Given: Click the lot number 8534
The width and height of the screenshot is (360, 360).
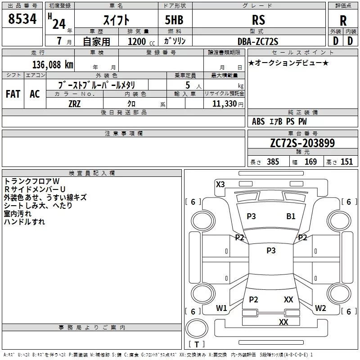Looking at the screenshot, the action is [x=22, y=19].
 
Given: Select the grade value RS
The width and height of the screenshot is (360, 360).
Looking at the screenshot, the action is [x=259, y=20].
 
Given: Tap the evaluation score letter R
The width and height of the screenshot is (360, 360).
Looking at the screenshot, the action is [x=343, y=20].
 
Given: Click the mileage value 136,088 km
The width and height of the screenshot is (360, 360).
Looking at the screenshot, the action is [x=53, y=64].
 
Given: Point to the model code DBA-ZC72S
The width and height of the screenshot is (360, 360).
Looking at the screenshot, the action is [x=258, y=41].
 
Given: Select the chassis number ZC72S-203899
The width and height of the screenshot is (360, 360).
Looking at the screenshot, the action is [x=302, y=143].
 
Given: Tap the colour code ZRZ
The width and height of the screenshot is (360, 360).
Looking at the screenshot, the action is [x=75, y=103].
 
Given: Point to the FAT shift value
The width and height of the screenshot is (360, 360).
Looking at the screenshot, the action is [x=13, y=94].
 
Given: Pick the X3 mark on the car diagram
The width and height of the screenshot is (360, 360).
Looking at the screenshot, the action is [x=220, y=184].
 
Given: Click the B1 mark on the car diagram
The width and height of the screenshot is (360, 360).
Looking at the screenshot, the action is [x=291, y=216].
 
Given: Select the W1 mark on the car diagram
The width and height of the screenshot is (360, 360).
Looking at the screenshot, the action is [x=221, y=308].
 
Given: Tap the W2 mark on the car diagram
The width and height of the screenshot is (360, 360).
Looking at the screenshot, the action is [x=320, y=308].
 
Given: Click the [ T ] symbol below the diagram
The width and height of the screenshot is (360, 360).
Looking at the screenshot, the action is [x=196, y=345].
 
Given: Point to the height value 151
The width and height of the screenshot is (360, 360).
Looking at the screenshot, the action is [x=346, y=162].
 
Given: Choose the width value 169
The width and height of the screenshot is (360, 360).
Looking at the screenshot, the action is [x=310, y=162].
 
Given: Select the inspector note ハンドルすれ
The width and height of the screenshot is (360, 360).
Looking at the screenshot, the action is [x=24, y=222].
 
